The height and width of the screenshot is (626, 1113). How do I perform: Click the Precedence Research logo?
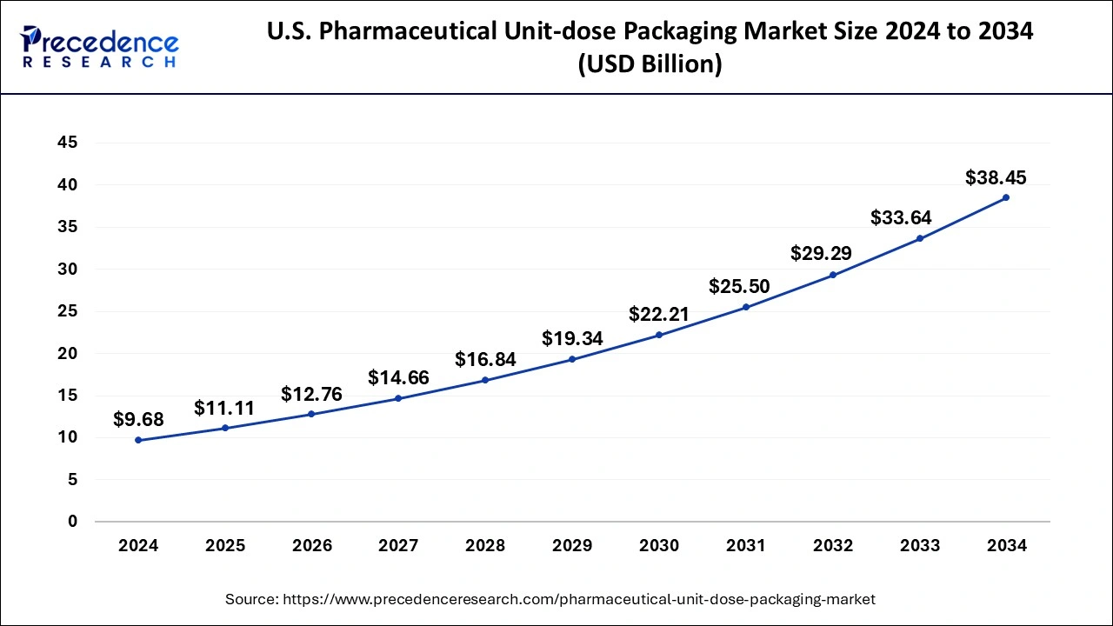coord(100,48)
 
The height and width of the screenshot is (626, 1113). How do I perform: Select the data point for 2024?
coord(138,440)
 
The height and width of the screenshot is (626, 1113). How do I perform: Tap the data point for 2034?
coord(1006,197)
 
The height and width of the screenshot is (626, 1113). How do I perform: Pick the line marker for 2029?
coord(572,359)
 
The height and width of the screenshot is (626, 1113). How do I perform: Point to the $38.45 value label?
coord(996,177)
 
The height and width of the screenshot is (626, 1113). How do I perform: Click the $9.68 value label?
coord(138,420)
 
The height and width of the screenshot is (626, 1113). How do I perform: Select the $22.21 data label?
coord(658,314)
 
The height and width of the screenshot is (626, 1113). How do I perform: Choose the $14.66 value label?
coord(398,377)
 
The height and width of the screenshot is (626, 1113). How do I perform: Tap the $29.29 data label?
coord(821,253)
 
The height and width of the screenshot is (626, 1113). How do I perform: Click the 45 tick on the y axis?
coord(67,143)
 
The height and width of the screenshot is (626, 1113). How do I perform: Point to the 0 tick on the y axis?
coord(72,522)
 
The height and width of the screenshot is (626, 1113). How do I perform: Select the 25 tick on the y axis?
coord(67,311)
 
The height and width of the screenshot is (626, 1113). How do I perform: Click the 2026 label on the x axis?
coord(311,546)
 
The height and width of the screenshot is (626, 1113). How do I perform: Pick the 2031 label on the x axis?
coord(746,546)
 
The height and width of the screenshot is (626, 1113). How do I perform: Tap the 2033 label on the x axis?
coord(919,546)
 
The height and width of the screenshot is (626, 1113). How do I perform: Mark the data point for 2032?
coord(832,275)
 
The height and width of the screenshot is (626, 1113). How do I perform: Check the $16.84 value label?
coord(485,359)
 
